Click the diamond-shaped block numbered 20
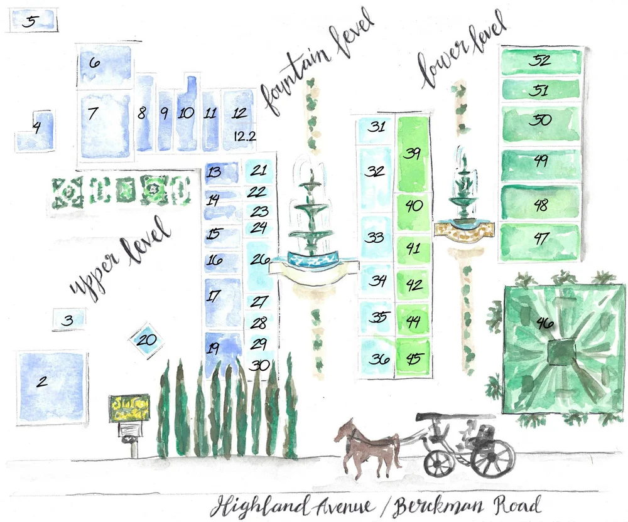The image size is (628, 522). tap(146, 341)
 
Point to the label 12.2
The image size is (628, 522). tap(244, 136)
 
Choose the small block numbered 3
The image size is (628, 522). tap(68, 320)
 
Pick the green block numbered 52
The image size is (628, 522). tap(540, 61)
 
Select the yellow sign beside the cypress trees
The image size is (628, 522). tap(129, 408)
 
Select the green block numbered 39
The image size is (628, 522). tap(412, 154)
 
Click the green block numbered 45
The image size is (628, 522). tap(413, 358)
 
